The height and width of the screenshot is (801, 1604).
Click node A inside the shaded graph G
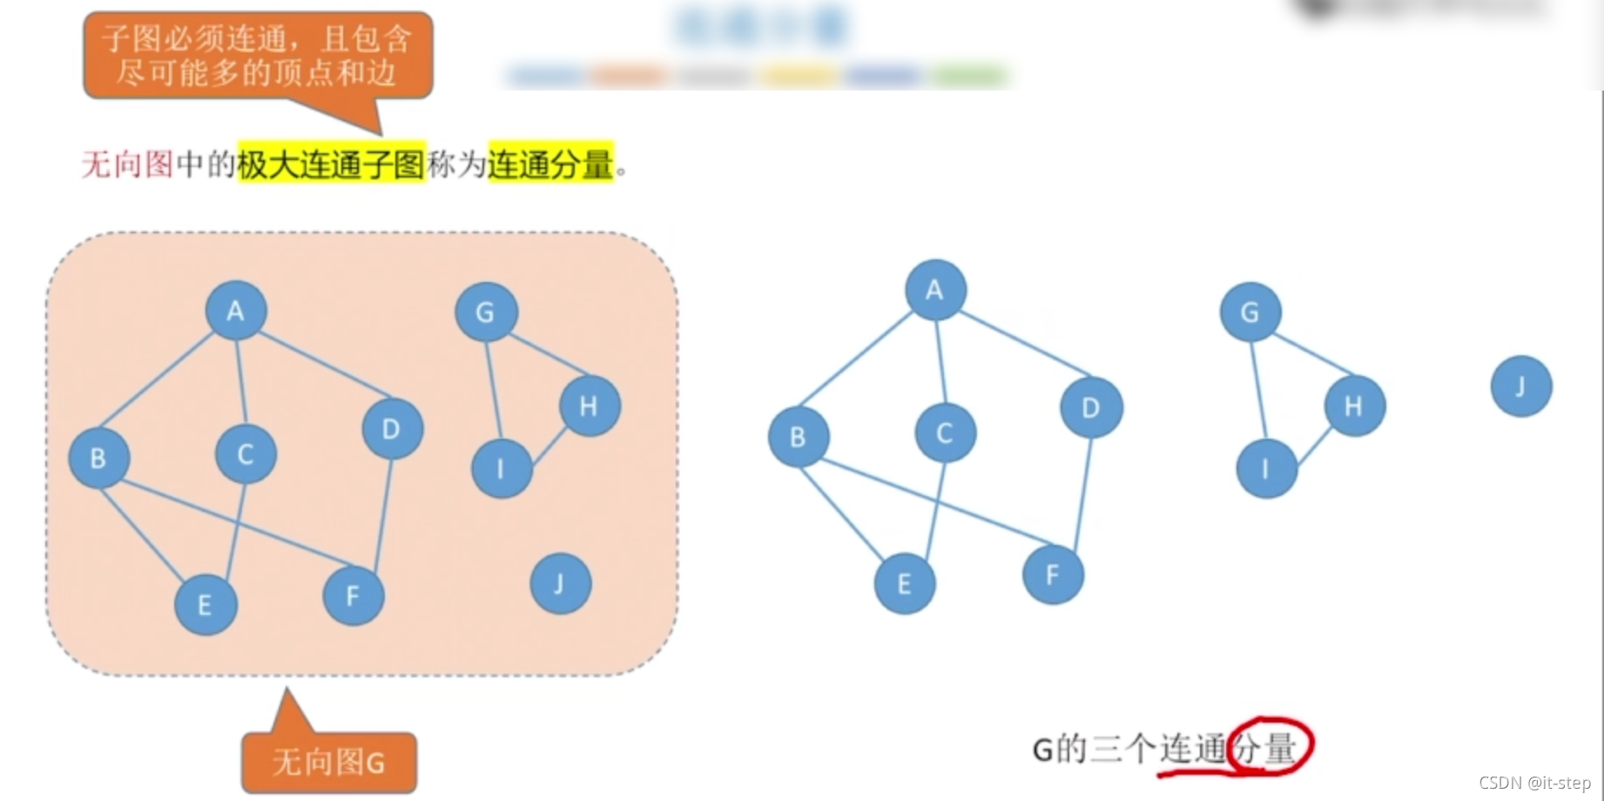[x=236, y=311]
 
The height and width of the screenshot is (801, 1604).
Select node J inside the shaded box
[x=560, y=583]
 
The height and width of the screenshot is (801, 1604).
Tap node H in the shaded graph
[x=590, y=406]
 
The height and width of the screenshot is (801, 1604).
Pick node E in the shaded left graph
[x=206, y=604]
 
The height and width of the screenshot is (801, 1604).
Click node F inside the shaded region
[x=353, y=596]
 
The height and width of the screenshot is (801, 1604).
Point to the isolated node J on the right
[x=1520, y=386]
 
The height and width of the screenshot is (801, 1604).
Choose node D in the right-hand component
[x=1091, y=407]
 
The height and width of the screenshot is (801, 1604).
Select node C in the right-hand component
[x=945, y=433]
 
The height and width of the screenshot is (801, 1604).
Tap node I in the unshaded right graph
[x=1266, y=468]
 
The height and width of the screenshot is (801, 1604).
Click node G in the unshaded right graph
[x=1250, y=312]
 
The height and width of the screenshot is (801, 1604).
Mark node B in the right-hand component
[x=798, y=437]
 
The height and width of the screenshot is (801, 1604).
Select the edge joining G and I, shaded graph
[x=493, y=389]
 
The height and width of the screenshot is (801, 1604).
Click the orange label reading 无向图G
[x=328, y=763]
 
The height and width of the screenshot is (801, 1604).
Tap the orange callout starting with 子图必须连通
[x=258, y=55]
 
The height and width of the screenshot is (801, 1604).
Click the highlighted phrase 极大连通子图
[x=331, y=164]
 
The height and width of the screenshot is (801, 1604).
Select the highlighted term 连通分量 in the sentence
[x=550, y=164]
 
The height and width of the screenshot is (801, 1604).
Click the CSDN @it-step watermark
[x=1534, y=783]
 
